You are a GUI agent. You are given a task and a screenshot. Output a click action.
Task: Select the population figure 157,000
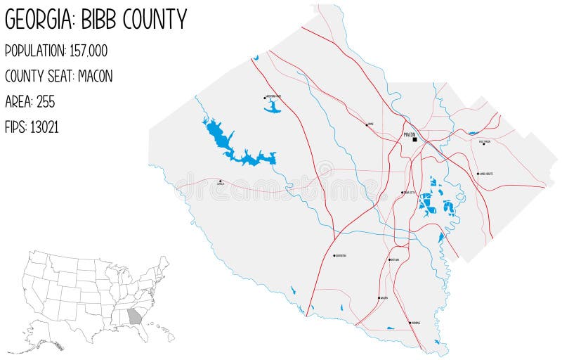point(89,51)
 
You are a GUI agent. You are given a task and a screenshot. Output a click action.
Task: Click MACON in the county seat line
point(96,76)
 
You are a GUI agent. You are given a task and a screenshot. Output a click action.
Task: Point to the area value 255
point(46,102)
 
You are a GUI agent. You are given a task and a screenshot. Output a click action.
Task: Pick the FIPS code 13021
point(44,127)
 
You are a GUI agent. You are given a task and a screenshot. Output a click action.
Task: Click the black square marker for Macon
point(415,139)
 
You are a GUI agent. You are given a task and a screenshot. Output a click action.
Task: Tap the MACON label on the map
point(410,133)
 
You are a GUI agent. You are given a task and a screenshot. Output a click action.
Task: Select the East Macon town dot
point(483,144)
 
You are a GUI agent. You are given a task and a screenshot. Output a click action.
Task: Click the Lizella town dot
point(221,181)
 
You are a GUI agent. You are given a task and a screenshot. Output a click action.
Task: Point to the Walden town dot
point(379,298)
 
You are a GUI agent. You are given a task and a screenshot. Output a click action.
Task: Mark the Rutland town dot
point(390,259)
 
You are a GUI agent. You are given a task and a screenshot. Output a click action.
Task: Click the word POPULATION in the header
point(35,51)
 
